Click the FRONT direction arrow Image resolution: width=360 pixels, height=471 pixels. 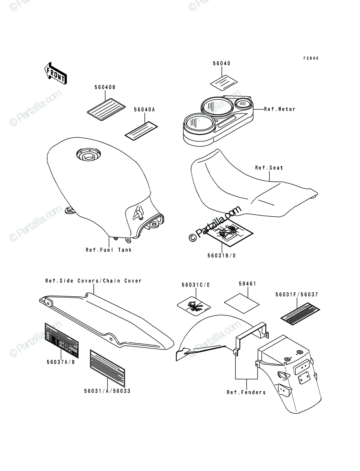coord(56,74)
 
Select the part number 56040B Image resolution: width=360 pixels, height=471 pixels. coord(105,87)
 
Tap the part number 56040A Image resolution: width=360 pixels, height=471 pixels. coord(144,110)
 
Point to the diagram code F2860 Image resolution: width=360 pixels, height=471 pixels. coord(311,58)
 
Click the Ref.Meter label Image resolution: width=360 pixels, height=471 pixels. coord(280,109)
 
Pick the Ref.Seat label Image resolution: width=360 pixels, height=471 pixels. coord(269,168)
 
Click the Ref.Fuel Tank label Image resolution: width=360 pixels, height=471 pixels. coord(109,250)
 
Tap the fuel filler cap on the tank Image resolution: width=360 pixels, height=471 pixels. coord(88,155)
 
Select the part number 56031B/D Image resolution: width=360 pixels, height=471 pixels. coord(222,256)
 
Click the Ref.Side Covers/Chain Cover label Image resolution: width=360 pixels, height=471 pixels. coord(93,281)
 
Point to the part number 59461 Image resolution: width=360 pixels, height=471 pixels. coord(248,284)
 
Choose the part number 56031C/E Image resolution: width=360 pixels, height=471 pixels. coord(196,285)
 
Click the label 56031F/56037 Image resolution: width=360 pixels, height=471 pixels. coord(297,295)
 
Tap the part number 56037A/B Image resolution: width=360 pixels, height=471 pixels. coord(61,362)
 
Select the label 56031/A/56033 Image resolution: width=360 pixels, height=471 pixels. coord(107,391)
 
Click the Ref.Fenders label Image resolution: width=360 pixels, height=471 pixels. coord(246,392)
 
